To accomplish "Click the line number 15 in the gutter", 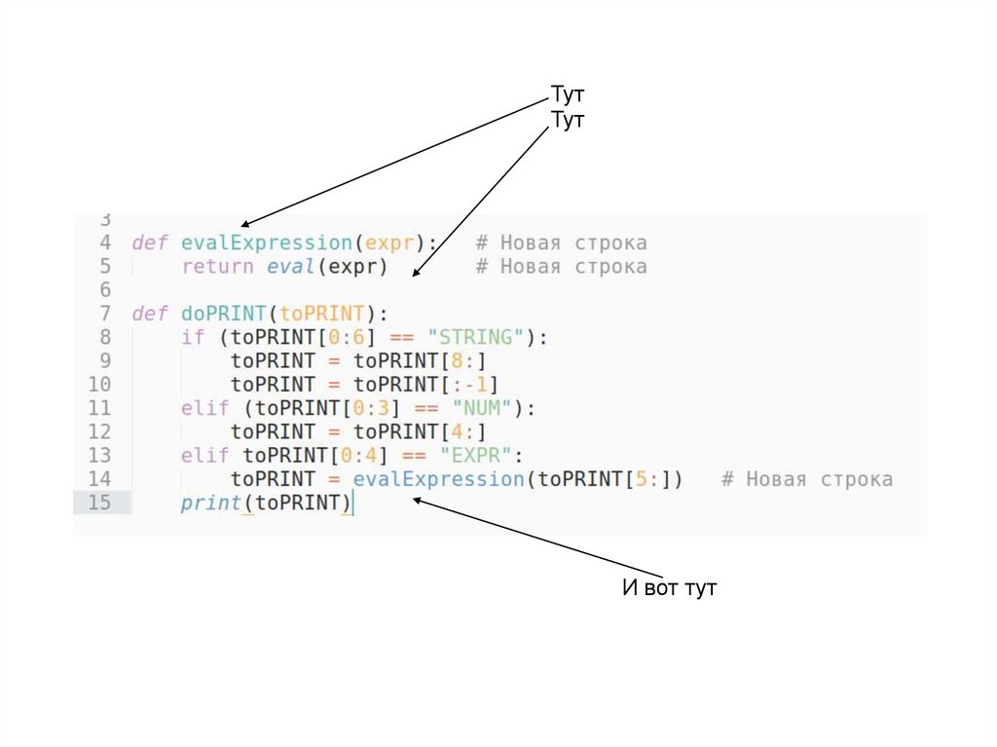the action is coord(100,503).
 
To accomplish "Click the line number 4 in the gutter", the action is coord(105,243).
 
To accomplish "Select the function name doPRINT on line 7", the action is coord(224,314).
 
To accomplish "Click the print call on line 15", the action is coord(211,503).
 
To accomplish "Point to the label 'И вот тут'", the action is coord(669,588).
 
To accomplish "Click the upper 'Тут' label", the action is coord(568,96).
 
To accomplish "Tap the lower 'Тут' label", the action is coord(568,120).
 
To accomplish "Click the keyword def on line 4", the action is coord(150,243).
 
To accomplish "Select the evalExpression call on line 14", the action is coord(438,479).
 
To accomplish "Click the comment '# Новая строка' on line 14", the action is coord(806,479).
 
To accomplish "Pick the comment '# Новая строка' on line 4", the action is coord(561,243).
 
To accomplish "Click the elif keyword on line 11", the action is coord(204,408).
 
